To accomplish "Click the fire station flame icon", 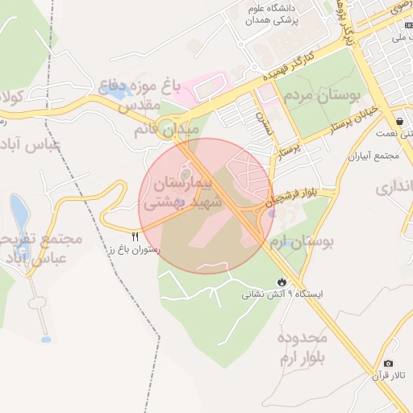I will (280, 282).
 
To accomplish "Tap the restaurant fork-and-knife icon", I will (135, 236).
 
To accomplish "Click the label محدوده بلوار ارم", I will (299, 348).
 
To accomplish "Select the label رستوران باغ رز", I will (133, 250).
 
